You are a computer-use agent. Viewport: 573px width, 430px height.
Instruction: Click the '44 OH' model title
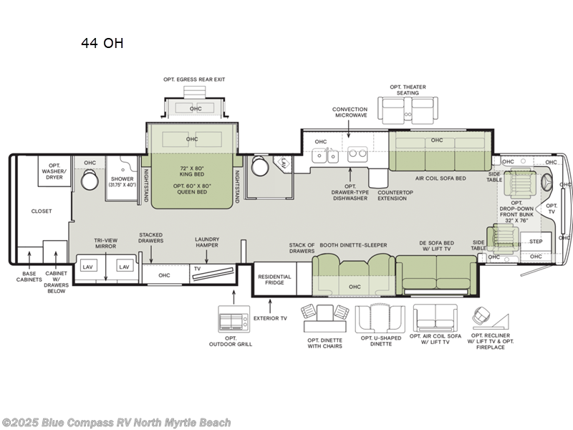point(102,43)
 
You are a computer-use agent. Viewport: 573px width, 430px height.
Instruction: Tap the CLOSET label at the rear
point(41,211)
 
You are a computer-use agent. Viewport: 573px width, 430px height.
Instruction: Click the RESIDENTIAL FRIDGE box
point(274,279)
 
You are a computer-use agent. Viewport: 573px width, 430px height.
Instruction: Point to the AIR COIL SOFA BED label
point(440,178)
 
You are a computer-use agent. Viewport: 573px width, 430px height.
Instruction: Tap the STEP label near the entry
point(535,242)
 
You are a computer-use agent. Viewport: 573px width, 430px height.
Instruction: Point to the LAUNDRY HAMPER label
point(207,242)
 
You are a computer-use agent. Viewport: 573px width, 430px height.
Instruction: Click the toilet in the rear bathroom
point(89,181)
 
